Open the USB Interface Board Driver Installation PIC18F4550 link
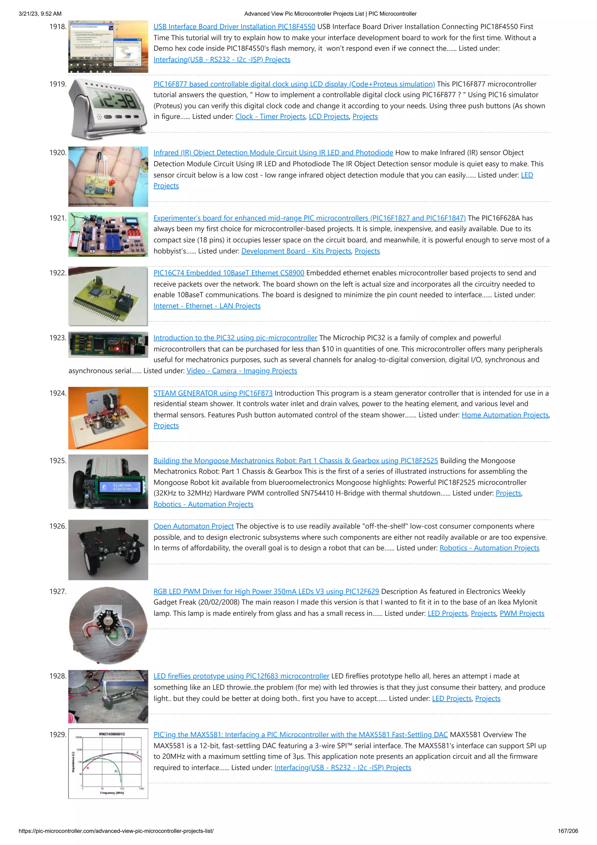(234, 27)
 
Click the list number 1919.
(58, 84)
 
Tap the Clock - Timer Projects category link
(270, 117)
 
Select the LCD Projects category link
(329, 117)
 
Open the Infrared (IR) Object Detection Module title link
(273, 153)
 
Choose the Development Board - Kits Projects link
(296, 251)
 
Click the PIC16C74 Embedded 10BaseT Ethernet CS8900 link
(229, 273)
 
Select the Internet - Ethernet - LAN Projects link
(207, 306)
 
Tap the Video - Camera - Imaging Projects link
(242, 371)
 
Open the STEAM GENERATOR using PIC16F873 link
(213, 393)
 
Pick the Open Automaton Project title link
(194, 526)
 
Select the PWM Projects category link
(522, 613)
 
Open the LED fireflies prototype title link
(241, 676)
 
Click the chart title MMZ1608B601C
(112, 734)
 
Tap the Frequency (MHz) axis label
(112, 793)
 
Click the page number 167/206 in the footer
(568, 831)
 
